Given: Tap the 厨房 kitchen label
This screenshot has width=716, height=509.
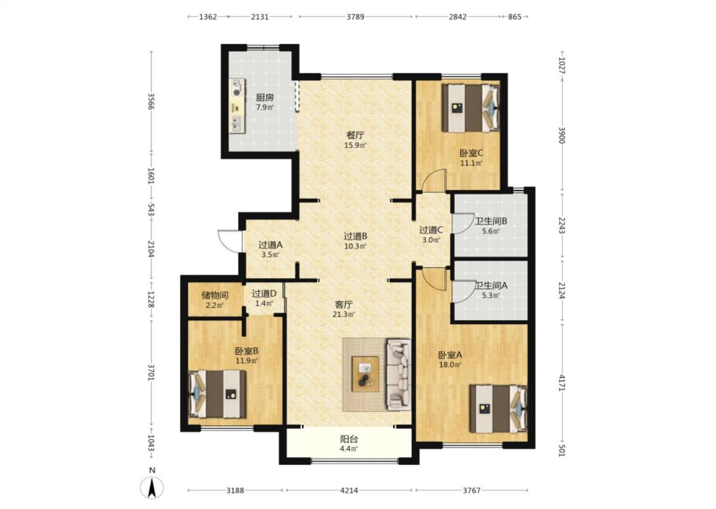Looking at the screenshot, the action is tap(265, 97).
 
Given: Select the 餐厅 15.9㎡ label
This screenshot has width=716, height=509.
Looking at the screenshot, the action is tap(355, 140).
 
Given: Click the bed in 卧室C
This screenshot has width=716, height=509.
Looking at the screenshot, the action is tap(470, 108).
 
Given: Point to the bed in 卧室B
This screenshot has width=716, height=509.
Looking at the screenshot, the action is tap(218, 394).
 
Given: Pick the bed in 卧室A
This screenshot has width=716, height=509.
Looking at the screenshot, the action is tap(498, 408).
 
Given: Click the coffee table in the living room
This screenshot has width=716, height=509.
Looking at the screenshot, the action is tap(365, 374).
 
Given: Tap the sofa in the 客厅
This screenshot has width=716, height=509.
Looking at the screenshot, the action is tap(398, 374).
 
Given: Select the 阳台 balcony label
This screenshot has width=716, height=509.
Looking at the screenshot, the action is tap(349, 439).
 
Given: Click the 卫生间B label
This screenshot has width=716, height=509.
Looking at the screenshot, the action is tap(491, 221).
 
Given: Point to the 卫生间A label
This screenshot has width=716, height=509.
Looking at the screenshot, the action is tap(491, 286).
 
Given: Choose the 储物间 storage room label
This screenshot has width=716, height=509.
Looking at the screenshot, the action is tap(214, 295).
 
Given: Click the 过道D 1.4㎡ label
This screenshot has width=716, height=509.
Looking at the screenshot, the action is tap(264, 298).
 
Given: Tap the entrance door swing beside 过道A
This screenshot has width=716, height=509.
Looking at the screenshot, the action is tap(229, 240).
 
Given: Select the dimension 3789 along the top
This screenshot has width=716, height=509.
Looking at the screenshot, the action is tap(355, 17).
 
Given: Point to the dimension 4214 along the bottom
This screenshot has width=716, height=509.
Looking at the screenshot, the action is tap(349, 491).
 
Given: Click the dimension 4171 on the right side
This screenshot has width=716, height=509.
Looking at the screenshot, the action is tap(562, 382).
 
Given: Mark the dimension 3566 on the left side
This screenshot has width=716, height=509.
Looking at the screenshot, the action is tap(151, 101).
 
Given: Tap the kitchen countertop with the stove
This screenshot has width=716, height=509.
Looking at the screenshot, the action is tap(237, 106).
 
